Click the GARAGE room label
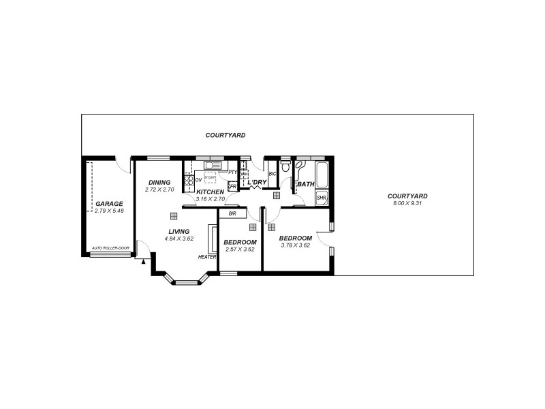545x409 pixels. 109,204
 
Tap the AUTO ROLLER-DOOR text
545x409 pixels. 110,248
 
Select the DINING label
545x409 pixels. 159,183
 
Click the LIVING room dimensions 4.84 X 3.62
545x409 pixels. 181,239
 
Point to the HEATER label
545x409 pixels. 207,257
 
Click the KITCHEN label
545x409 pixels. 210,192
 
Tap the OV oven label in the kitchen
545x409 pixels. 198,180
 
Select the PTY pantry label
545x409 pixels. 232,172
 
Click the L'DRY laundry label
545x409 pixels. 258,183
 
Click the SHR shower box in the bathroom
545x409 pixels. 322,198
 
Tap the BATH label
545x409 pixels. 305,184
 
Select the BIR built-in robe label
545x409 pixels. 232,213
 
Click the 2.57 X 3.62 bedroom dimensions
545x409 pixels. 240,249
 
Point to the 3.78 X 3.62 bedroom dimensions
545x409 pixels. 296,245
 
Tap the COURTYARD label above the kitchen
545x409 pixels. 225,136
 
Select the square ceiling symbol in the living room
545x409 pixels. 174,215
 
